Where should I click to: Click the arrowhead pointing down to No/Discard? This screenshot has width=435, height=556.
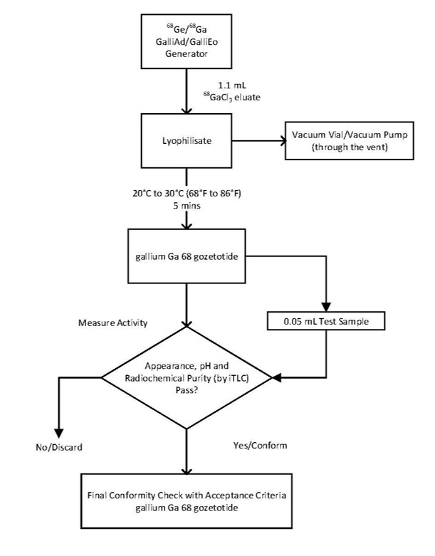(x=59, y=432)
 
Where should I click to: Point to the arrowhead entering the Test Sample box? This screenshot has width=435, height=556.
(x=327, y=305)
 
